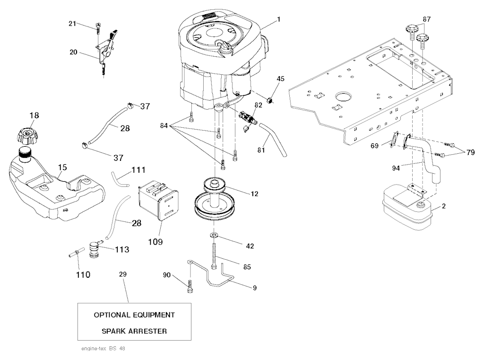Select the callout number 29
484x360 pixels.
coord(123,274)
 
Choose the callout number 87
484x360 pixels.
coord(427,19)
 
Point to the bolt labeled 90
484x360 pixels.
coord(190,287)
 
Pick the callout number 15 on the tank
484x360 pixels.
coord(62,167)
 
